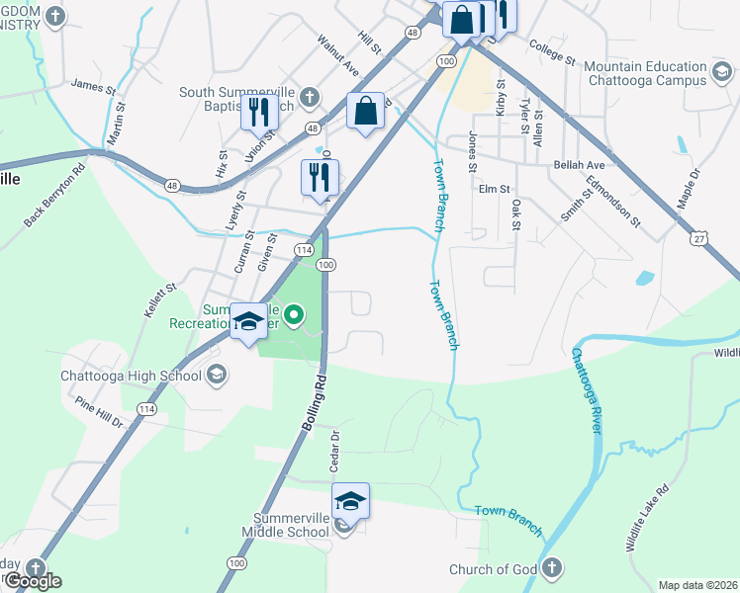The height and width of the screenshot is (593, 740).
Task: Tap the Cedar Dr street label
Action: (x=335, y=450)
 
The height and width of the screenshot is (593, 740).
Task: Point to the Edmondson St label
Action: (x=614, y=200)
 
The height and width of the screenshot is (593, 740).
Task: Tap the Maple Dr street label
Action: (x=689, y=187)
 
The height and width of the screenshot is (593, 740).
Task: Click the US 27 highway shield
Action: (x=699, y=239)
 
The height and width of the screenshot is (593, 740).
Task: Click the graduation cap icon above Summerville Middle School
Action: (x=350, y=500)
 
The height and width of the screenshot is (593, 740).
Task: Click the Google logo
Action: (x=32, y=581)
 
